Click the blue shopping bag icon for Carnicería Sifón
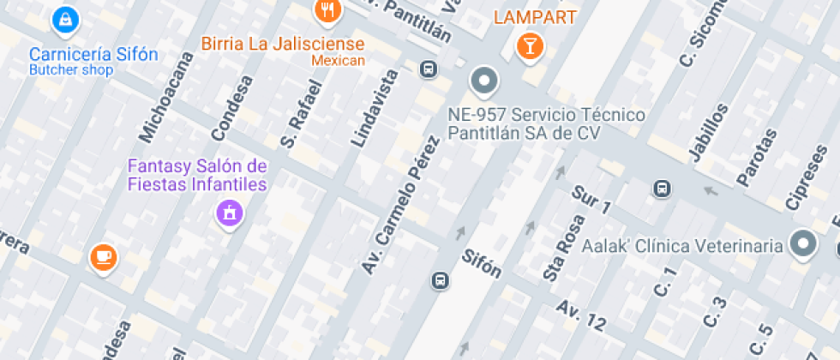64,19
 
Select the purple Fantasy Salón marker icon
229,212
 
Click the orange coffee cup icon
103,255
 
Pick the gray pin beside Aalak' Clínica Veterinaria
803,244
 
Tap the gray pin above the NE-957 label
484,81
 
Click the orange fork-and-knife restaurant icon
327,10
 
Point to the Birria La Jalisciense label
283,44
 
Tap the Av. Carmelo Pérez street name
405,205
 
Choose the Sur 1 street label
591,199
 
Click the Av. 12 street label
580,315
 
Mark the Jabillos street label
707,133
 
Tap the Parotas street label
756,157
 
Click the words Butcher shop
71,70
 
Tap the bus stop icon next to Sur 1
662,188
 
